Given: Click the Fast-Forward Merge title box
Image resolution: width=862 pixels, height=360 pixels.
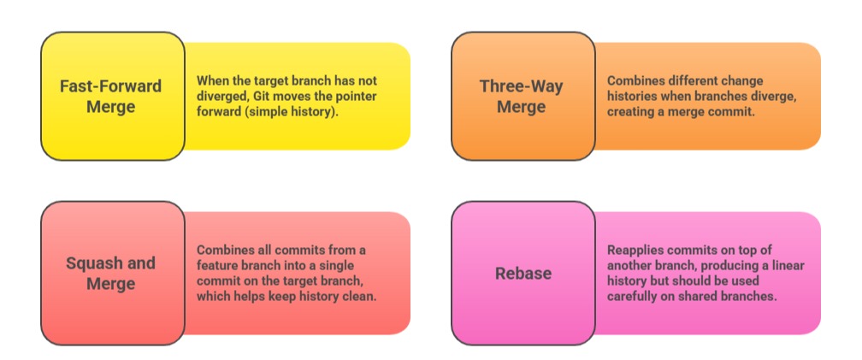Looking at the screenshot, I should pyautogui.click(x=112, y=96).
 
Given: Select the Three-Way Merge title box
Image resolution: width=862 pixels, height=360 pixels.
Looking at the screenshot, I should pyautogui.click(x=523, y=96).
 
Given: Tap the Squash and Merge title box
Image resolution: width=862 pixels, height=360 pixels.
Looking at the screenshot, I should pyautogui.click(x=112, y=273).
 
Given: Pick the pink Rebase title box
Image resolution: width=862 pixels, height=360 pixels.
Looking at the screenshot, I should pyautogui.click(x=523, y=273).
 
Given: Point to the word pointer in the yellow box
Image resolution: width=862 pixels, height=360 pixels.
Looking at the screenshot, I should pyautogui.click(x=354, y=97).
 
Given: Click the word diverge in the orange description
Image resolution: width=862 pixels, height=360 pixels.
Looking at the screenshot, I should pyautogui.click(x=773, y=97).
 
